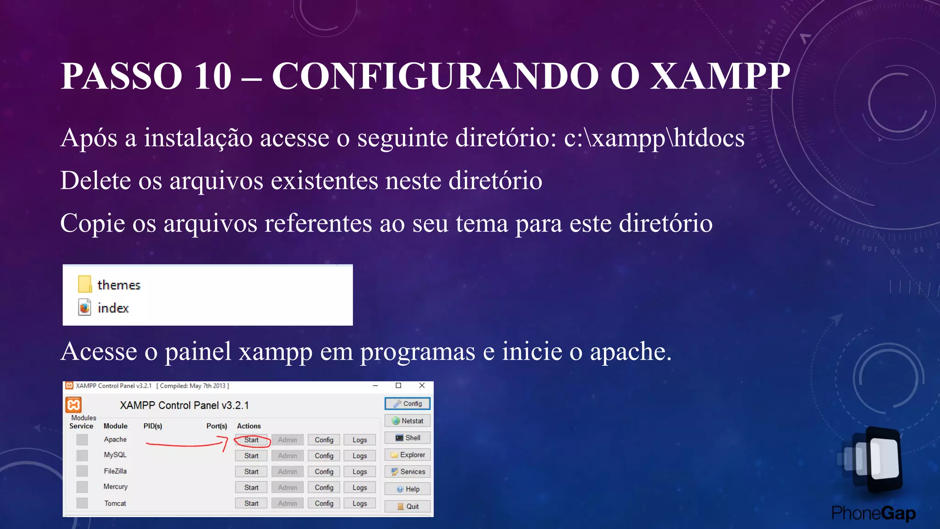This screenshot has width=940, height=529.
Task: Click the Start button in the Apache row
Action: coord(251,440)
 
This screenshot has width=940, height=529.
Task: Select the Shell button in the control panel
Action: coord(408,438)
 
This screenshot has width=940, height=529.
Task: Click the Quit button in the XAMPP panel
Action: coord(408,506)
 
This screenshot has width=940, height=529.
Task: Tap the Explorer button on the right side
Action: coord(408,455)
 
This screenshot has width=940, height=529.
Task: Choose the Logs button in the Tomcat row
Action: coord(359,503)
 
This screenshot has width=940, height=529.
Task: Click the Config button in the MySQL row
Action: coord(324,456)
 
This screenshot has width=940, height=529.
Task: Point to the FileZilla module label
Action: coord(115,471)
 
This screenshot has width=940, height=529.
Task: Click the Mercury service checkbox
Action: coord(82,487)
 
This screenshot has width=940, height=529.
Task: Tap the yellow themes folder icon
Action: coord(85,284)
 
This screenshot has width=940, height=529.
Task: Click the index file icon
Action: coord(85,307)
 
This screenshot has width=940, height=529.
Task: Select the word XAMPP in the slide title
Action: coord(721,76)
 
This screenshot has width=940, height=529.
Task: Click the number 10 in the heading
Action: coord(213,76)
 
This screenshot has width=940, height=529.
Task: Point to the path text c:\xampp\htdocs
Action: coord(654,138)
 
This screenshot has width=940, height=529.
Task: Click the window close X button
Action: coord(422,386)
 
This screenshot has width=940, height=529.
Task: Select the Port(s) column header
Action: coord(217,426)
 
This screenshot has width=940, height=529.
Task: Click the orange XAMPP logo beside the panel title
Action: coord(73,405)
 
